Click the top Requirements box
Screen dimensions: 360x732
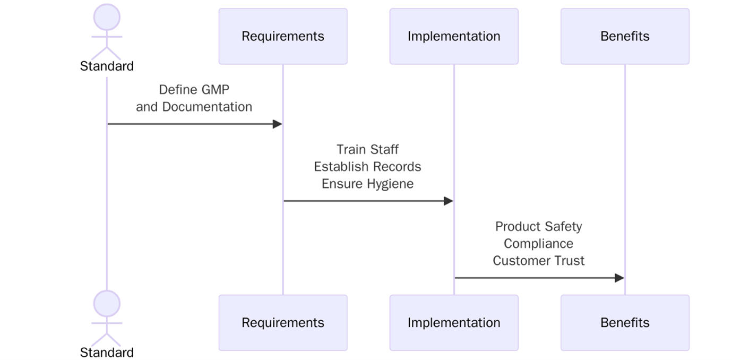tap(282, 36)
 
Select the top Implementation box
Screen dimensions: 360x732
tap(453, 36)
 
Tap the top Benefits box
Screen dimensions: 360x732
tap(624, 36)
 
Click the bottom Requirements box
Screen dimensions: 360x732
tap(282, 322)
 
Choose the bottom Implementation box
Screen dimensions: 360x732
tap(453, 322)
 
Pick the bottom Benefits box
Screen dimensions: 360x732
tap(624, 322)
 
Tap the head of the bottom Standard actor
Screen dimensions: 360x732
tap(107, 304)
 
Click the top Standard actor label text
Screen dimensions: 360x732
tap(107, 66)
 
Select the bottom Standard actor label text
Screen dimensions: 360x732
tap(107, 353)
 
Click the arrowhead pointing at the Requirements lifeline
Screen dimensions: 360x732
tap(277, 124)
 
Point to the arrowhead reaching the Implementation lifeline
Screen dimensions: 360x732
tap(448, 201)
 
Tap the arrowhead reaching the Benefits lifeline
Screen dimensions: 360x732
tap(619, 278)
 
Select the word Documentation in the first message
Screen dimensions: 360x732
tap(207, 107)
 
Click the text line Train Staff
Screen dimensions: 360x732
tap(367, 149)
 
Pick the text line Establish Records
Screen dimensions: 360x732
tap(367, 167)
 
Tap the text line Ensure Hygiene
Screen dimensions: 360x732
tap(367, 184)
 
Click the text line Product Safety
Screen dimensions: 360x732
tap(538, 226)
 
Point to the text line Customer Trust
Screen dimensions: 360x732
tap(538, 261)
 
